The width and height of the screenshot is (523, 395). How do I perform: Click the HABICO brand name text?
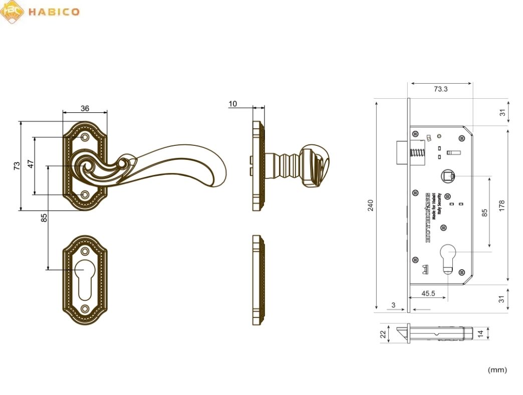(54, 12)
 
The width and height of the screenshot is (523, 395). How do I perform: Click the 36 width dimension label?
(85, 108)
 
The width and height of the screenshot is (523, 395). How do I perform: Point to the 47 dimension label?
(30, 165)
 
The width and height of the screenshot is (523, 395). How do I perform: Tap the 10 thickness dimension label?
(232, 104)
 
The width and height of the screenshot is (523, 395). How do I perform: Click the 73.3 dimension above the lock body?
(440, 89)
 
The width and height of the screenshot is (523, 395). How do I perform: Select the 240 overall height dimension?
(371, 205)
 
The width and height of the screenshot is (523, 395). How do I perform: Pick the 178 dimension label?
(502, 205)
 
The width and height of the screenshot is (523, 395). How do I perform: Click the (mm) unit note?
(497, 370)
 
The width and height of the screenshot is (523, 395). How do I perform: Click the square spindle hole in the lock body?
(448, 176)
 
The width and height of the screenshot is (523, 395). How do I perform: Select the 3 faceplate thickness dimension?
(394, 305)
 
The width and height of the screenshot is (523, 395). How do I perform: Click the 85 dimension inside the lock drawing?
(484, 212)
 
